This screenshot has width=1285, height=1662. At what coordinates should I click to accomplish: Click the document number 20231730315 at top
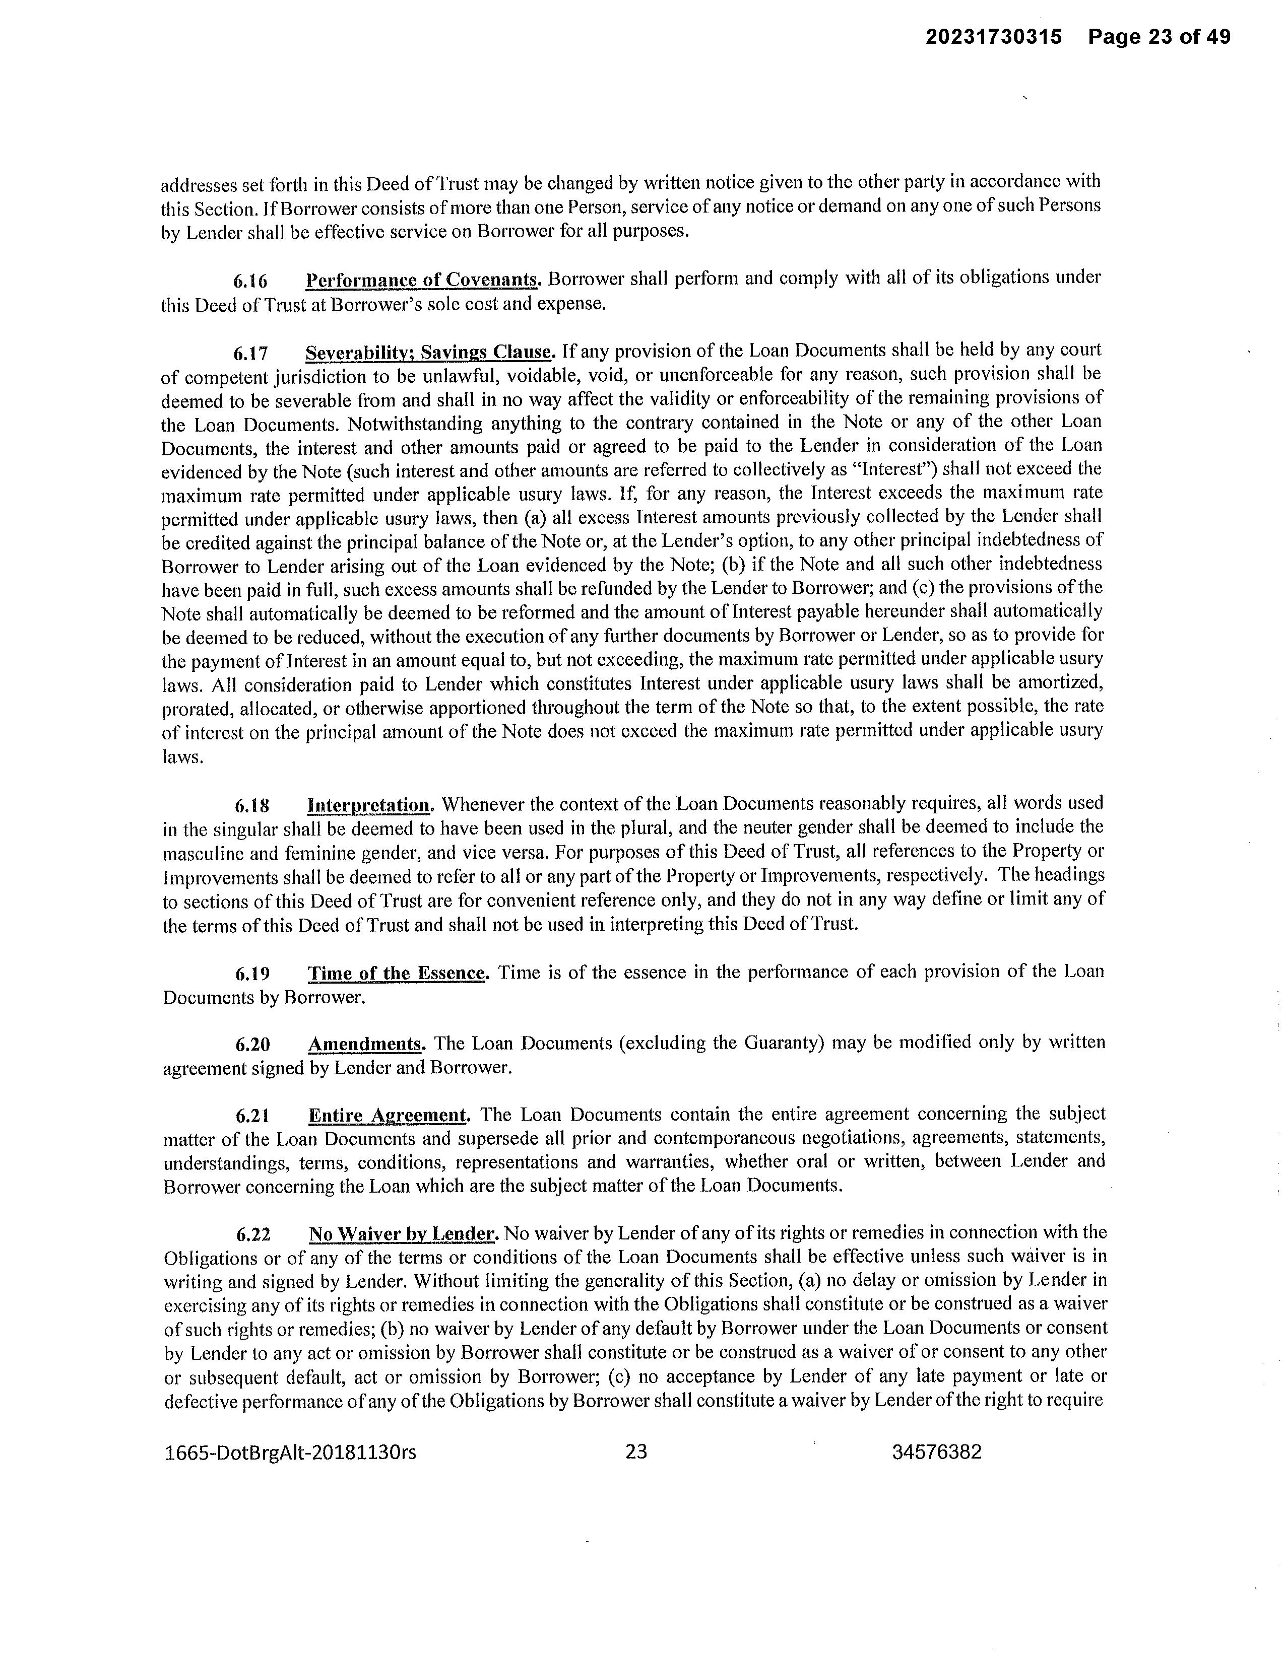993,37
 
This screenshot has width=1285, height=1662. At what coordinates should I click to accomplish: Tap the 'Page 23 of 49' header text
1159,37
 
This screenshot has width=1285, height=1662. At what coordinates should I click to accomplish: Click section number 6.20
252,1044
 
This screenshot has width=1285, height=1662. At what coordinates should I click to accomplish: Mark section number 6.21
252,1116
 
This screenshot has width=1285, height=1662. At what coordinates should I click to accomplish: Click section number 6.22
252,1233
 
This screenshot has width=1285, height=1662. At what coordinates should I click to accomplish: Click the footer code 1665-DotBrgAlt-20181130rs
291,1452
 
